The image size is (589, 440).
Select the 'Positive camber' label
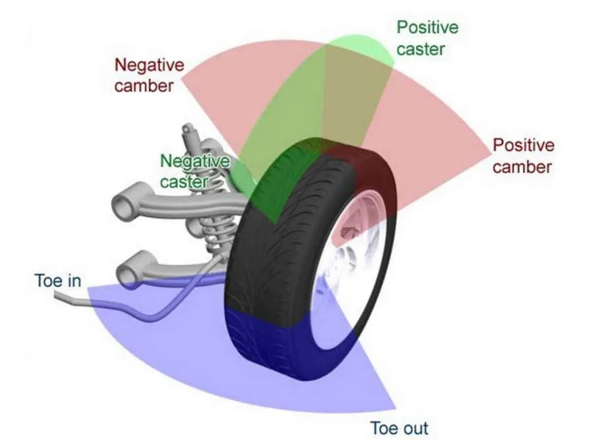click(x=523, y=155)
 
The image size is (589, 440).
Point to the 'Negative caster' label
click(x=194, y=170)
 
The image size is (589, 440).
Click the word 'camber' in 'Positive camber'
click(x=523, y=166)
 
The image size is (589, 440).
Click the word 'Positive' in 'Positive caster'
click(x=427, y=27)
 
